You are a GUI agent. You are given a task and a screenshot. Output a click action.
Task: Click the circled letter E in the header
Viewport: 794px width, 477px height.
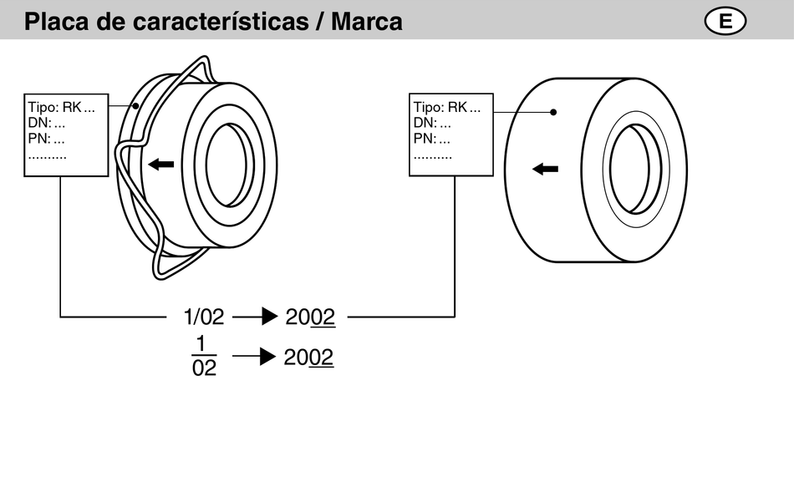click(725, 22)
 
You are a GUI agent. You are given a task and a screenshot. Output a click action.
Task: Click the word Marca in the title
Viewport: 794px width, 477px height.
click(367, 21)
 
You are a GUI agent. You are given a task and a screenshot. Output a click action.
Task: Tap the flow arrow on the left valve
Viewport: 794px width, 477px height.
click(161, 164)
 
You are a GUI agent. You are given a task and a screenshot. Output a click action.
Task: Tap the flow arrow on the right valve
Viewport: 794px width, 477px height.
click(546, 169)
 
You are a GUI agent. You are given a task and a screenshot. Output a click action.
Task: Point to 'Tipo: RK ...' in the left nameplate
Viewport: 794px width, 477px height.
click(61, 108)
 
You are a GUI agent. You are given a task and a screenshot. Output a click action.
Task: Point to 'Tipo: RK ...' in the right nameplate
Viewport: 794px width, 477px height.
click(447, 108)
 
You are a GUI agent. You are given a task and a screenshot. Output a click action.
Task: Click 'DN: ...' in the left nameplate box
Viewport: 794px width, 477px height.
click(47, 123)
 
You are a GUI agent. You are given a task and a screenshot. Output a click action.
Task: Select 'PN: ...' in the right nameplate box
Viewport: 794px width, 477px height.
click(432, 139)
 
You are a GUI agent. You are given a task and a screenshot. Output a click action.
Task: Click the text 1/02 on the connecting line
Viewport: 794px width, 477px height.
click(204, 317)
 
